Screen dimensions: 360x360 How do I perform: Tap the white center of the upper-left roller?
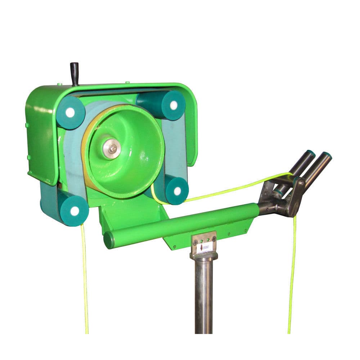[x=70, y=112]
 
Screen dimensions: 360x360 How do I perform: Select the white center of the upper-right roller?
[x=173, y=105]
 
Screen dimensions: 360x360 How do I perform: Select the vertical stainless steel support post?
[x=204, y=295]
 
